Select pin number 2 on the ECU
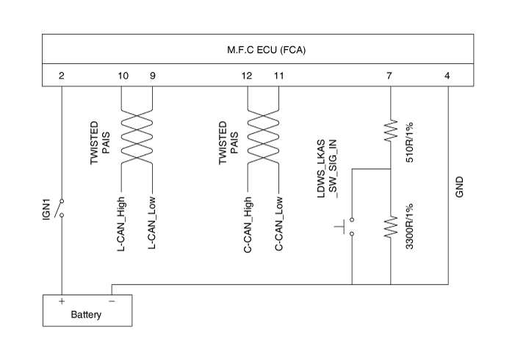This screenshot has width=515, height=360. coord(62,76)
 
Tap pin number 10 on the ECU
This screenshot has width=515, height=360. coord(123,76)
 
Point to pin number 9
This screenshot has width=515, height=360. coord(152,76)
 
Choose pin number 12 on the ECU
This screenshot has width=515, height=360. coord(246,76)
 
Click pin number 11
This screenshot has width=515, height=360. coord(278,76)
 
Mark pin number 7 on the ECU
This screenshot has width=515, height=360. coord(389,76)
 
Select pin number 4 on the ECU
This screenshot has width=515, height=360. coord(448,76)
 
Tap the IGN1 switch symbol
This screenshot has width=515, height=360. coord(62,207)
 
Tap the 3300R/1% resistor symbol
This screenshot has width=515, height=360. coord(390,228)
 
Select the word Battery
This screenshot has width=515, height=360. coord(87,315)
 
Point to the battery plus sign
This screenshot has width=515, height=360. coord(62,301)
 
